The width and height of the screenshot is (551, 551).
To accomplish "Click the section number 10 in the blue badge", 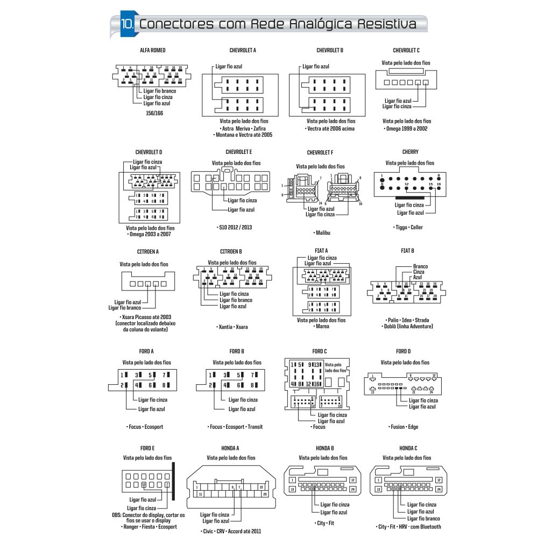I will pos(128,24).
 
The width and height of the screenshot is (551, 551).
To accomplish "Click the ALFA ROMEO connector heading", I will pos(153,51).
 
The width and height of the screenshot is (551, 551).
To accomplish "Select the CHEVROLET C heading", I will pos(406,51).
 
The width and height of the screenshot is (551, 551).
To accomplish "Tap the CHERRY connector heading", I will pos(410,152).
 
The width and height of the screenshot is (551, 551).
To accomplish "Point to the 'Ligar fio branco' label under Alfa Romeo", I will pos(160,91).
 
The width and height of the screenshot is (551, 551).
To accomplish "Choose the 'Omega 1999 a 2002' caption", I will pos(407,129).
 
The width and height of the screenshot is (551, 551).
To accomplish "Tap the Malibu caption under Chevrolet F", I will pos(322,233).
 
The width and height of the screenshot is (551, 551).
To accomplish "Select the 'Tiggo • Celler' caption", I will pos(408,228).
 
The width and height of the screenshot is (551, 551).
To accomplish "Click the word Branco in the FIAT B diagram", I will pos(420,266).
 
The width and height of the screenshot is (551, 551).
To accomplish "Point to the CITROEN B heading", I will pos(231,251).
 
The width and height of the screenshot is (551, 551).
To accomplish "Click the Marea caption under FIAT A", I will pos(321,327).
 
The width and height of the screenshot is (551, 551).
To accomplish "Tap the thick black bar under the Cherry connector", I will pos(409,199).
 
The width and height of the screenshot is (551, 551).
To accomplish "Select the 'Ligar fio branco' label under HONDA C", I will pos(423,519).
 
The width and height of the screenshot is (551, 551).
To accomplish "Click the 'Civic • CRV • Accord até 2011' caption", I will pos(231,531).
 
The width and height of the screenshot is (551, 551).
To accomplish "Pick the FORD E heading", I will pos(147,448).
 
